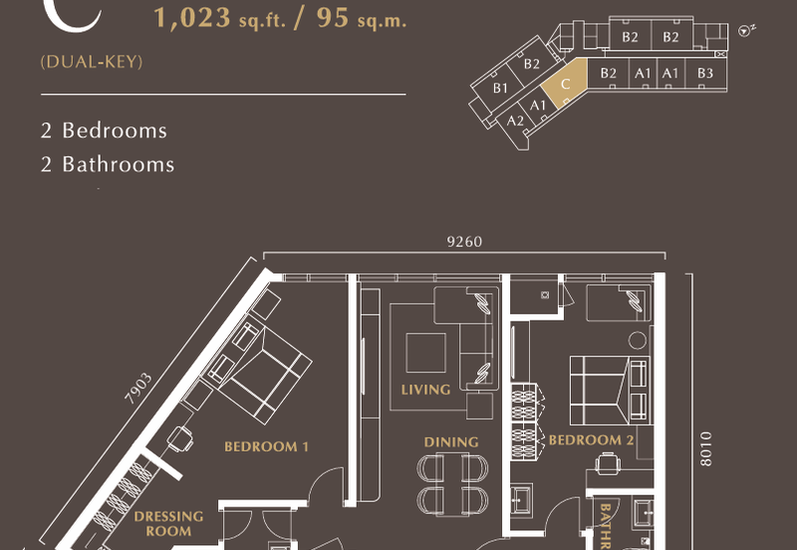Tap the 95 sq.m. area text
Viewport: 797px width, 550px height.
point(361,19)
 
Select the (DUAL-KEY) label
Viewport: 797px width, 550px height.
point(92,62)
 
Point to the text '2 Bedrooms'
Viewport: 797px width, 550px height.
point(104,131)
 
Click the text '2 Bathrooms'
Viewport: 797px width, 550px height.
point(108,164)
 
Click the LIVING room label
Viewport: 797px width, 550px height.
point(425,390)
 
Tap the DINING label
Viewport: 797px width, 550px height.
point(451,441)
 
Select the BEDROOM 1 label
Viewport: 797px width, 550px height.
point(266,446)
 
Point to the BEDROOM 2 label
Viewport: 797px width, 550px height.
point(592,440)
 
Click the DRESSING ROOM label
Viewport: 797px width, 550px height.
point(168,524)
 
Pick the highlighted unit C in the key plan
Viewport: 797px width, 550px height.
point(565,86)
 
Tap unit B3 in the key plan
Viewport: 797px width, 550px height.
point(704,73)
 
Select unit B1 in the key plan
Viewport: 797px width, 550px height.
point(500,89)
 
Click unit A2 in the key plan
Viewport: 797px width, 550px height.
point(515,121)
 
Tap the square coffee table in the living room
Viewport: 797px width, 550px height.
point(426,351)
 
